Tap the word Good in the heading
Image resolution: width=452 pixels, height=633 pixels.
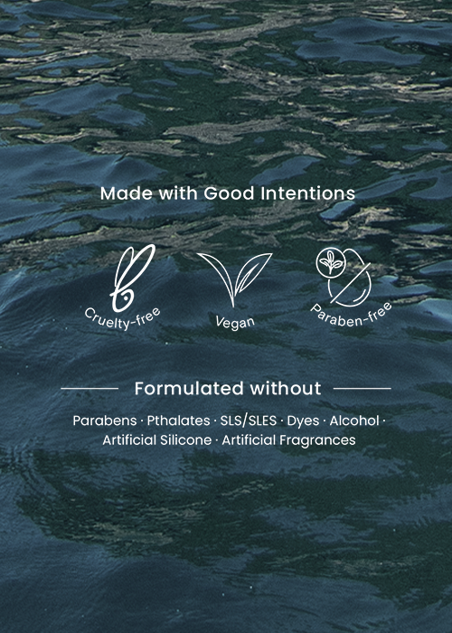click(x=229, y=194)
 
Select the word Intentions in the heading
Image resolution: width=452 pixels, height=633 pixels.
click(x=307, y=194)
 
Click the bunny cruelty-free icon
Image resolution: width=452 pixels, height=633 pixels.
click(x=133, y=278)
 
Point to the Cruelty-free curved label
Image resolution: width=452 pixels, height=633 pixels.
click(x=123, y=319)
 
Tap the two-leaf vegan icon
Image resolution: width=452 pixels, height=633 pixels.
click(x=235, y=279)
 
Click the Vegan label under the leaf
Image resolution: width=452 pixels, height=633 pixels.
click(x=235, y=322)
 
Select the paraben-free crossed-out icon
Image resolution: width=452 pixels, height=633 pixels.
click(x=344, y=276)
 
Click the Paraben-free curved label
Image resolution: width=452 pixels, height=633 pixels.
click(x=351, y=315)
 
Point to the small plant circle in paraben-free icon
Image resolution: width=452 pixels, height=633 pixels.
click(x=331, y=263)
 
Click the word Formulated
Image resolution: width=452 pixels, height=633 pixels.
click(x=189, y=388)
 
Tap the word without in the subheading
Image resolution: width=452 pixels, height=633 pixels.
click(x=286, y=388)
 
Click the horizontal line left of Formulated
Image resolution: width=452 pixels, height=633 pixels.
click(x=89, y=388)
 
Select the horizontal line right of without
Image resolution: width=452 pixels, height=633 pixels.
click(x=363, y=388)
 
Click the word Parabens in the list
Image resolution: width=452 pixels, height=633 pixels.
click(x=105, y=420)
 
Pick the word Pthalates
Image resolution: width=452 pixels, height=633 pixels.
click(x=178, y=420)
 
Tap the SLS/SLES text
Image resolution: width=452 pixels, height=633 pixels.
click(x=249, y=420)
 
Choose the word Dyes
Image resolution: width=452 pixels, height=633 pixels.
click(x=303, y=421)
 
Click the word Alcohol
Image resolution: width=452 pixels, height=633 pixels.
click(x=354, y=420)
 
